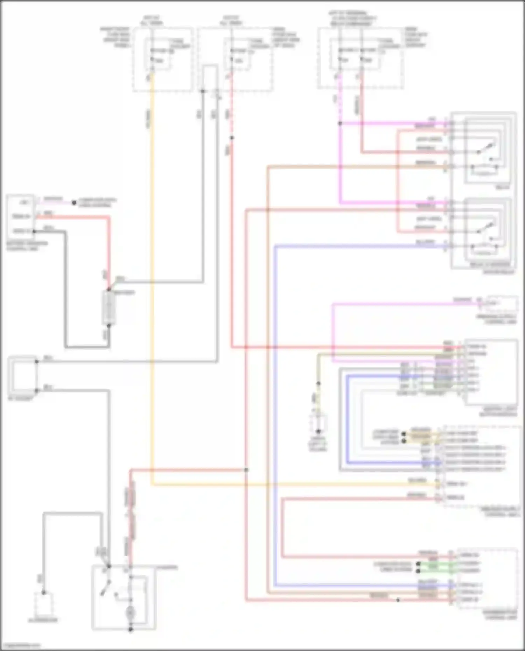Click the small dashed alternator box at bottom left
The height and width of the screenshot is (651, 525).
[x=43, y=604]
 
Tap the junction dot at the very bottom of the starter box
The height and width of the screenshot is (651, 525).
[x=131, y=630]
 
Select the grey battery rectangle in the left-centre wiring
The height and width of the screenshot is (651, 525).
[x=108, y=308]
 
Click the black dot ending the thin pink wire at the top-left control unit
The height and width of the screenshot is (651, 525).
[x=74, y=203]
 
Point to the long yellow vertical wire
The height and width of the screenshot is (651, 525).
[x=152, y=280]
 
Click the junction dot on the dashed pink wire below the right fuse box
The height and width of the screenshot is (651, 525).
[x=340, y=123]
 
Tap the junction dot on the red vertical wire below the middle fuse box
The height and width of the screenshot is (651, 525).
[x=232, y=138]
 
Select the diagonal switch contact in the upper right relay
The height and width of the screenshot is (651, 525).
[x=486, y=148]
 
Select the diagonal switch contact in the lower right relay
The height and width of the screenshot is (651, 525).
[x=486, y=228]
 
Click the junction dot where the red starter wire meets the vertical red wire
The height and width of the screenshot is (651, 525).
[x=246, y=470]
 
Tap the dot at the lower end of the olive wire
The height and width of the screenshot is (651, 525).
[x=318, y=383]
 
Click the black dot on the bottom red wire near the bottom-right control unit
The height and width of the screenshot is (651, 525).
[x=398, y=600]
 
